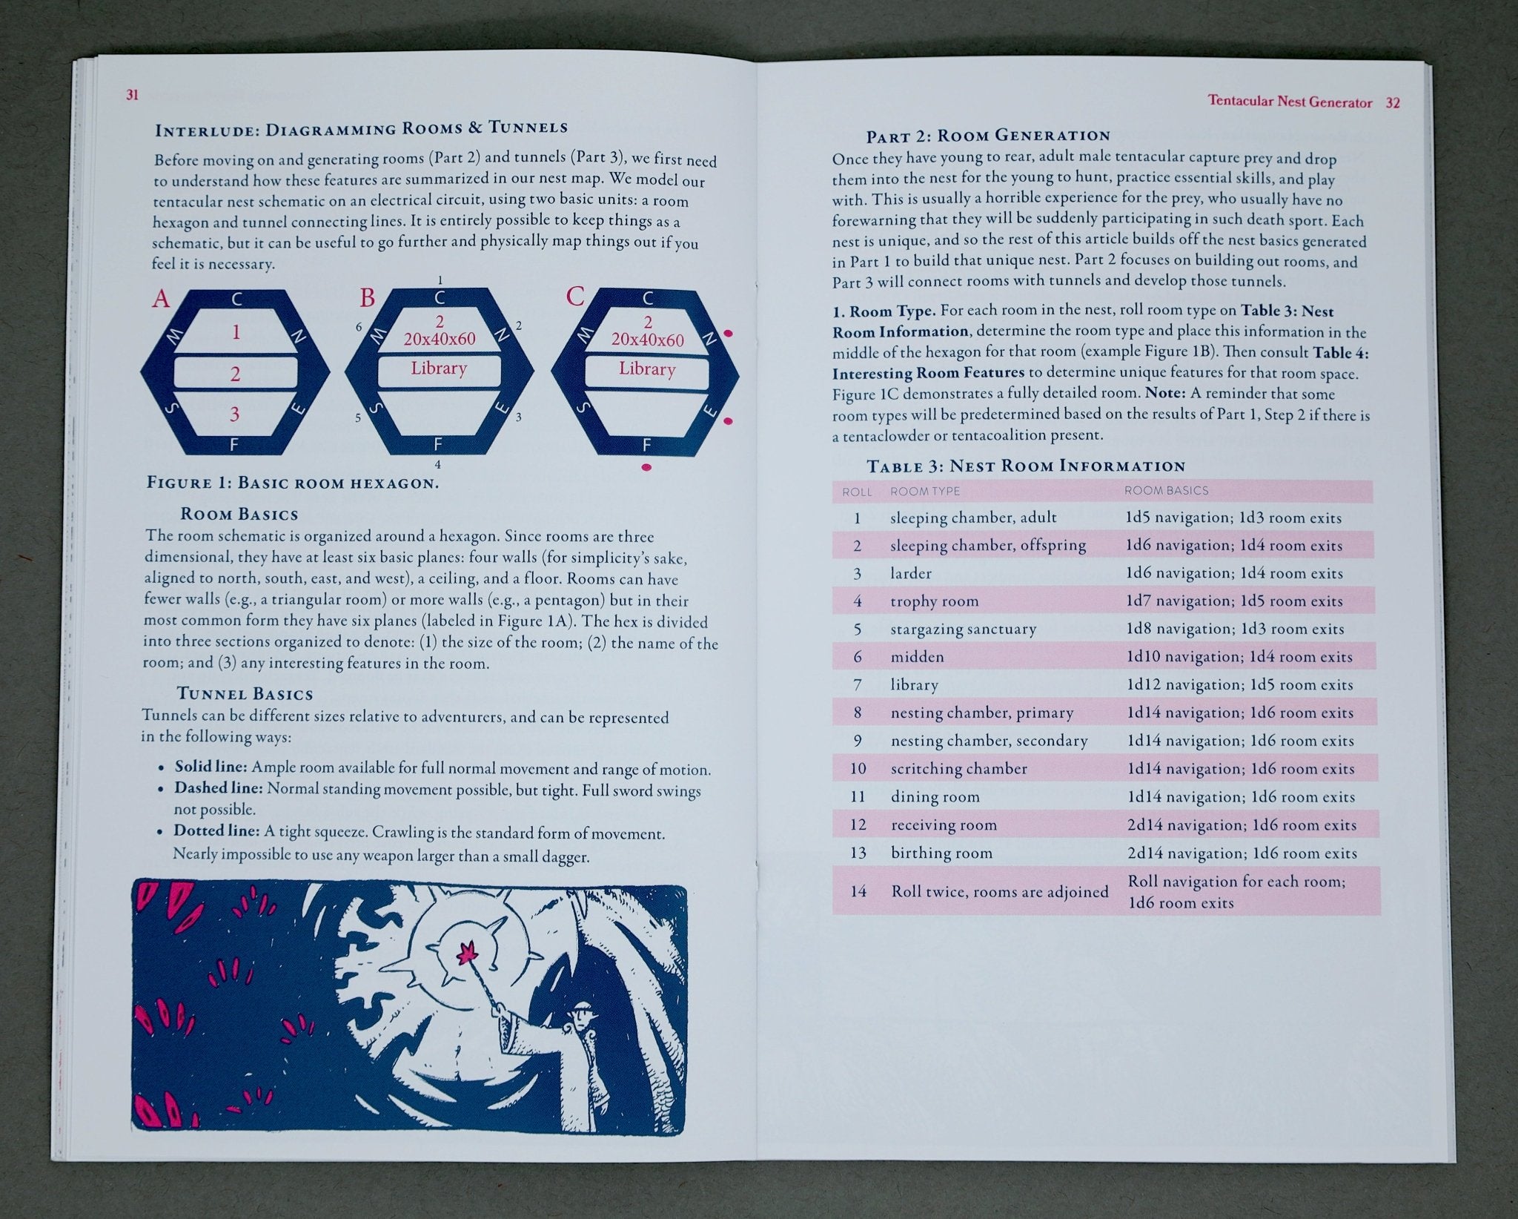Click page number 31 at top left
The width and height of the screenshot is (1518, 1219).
(x=133, y=95)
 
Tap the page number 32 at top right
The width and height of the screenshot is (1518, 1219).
(x=1393, y=103)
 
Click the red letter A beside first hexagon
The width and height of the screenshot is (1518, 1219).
(x=161, y=299)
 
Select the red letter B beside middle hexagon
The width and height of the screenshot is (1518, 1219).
(x=367, y=298)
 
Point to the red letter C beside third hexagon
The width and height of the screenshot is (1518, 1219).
(x=575, y=297)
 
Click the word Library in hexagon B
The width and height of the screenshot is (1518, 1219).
(x=439, y=369)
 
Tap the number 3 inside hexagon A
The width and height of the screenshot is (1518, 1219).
(x=235, y=414)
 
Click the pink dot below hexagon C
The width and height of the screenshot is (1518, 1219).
(x=646, y=467)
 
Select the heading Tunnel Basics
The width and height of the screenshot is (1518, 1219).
(x=245, y=694)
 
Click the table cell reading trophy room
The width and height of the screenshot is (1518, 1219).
(x=934, y=601)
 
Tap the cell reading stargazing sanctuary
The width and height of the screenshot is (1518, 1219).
(x=963, y=630)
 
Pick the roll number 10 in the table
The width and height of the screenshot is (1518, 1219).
(x=858, y=769)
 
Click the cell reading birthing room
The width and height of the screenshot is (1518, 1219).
(x=941, y=853)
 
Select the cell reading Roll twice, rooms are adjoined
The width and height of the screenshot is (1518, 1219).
(x=999, y=891)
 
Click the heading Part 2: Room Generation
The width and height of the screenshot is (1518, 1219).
(x=988, y=136)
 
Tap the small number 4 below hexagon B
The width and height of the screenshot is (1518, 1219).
(x=438, y=465)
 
